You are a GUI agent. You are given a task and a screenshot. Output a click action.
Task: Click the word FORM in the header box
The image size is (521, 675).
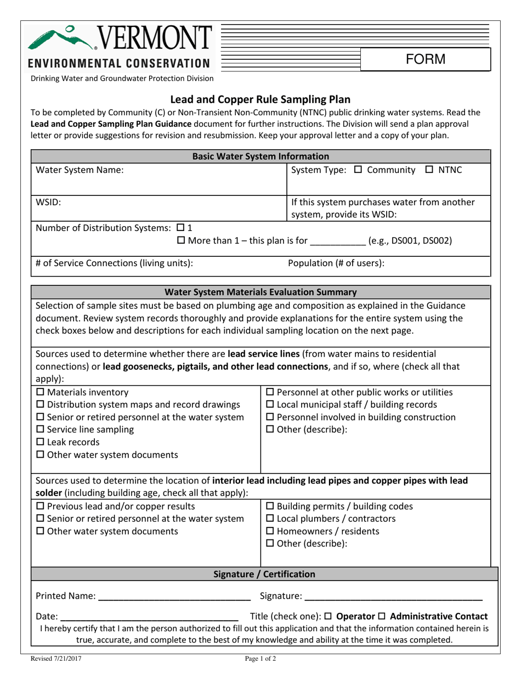[x=426, y=59]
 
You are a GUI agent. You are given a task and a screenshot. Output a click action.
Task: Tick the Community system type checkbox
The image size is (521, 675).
[x=358, y=170]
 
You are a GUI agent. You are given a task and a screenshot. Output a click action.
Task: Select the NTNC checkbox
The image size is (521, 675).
[x=429, y=170]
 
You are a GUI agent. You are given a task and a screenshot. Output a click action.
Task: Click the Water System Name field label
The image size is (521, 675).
[x=80, y=170]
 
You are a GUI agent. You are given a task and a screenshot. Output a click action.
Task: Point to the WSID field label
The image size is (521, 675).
[x=48, y=202]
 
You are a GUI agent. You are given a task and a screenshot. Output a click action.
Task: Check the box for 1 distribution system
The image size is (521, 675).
[x=180, y=228]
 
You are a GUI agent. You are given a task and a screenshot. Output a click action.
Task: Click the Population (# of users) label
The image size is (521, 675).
[x=336, y=263]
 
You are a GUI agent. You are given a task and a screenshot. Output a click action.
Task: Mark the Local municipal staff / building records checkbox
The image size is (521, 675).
[x=270, y=405]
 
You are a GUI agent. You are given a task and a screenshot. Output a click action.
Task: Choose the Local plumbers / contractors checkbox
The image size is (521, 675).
[x=270, y=519]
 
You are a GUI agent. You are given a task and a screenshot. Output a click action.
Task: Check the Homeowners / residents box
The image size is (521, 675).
[x=270, y=531]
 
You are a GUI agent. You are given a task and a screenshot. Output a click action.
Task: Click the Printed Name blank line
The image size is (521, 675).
[x=174, y=597]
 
